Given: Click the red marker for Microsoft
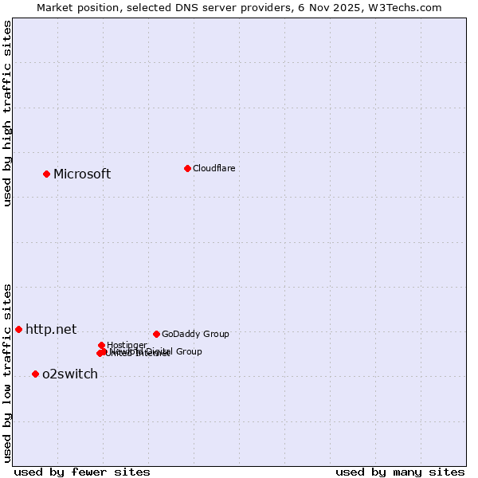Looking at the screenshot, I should pos(46,174).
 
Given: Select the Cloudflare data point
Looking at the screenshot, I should pos(187,168).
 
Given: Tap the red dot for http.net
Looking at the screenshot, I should pos(18,329).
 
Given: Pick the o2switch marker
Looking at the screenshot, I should pos(35,374).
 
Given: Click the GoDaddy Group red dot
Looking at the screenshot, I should pos(156,334).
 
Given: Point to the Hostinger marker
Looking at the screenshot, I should pos(102,345).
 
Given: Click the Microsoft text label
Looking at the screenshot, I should pos(82,174).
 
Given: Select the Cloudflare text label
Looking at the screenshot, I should pos(214,168).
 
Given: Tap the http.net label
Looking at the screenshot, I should pos(51,329).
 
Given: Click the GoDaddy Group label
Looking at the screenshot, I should pos(195,334).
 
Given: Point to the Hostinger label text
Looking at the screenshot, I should pos(127,345).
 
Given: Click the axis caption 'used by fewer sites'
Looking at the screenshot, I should pos(82,472).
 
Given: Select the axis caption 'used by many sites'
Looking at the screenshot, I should pos(400,472).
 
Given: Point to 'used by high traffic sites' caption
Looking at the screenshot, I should pos(7,113).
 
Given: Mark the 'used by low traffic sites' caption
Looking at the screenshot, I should pos(7,372).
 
